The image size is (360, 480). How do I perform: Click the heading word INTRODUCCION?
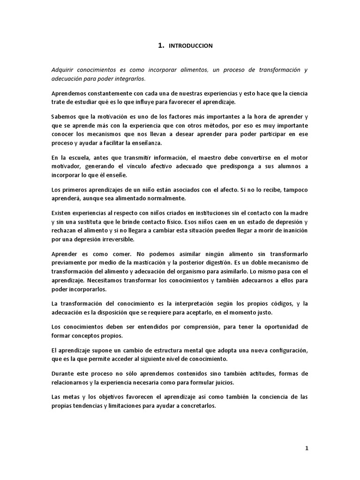point(190,46)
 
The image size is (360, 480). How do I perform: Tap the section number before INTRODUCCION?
point(161,45)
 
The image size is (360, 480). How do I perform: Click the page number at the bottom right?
point(307,448)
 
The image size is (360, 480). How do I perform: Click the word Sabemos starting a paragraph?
point(64,116)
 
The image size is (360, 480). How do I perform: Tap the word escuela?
point(80,157)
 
